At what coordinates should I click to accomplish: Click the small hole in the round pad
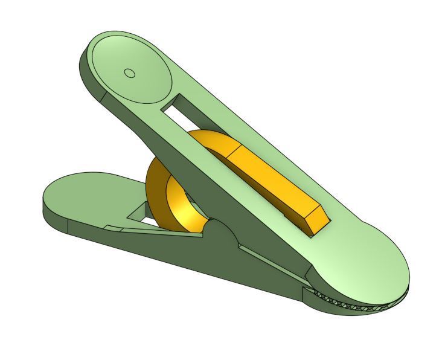[x=129, y=73]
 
